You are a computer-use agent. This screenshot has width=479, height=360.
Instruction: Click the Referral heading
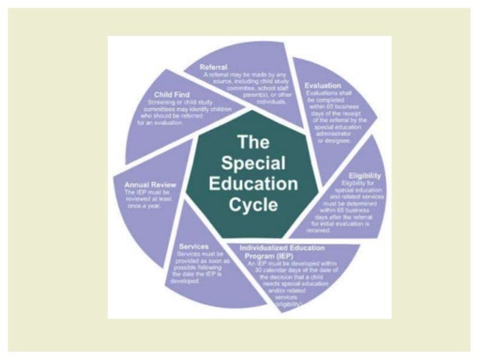(x=214, y=68)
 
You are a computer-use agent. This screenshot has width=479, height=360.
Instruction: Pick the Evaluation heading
(x=323, y=86)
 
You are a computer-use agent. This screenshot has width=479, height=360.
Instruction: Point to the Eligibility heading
(x=363, y=175)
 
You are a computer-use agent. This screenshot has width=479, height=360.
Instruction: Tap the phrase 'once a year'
(x=139, y=205)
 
